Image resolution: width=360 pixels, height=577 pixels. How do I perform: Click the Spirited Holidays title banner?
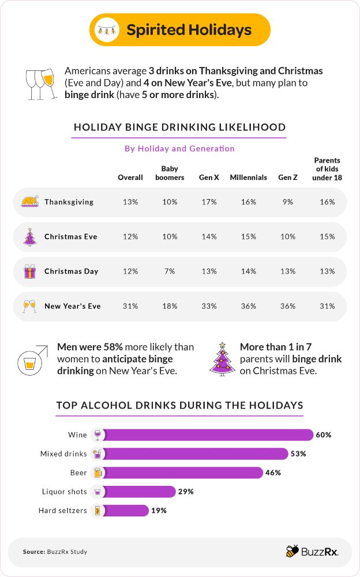pyautogui.click(x=180, y=30)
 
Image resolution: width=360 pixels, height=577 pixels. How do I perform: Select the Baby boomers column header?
pyautogui.click(x=170, y=174)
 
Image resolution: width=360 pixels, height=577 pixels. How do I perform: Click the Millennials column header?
pyautogui.click(x=248, y=178)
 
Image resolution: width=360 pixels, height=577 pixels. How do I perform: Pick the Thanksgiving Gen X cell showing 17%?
pyautogui.click(x=209, y=202)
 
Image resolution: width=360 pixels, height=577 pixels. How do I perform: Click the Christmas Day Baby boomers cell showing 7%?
pyautogui.click(x=170, y=271)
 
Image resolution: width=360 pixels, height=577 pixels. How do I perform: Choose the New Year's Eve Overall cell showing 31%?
pyautogui.click(x=130, y=306)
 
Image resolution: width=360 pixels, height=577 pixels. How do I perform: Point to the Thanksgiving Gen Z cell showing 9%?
pyautogui.click(x=287, y=202)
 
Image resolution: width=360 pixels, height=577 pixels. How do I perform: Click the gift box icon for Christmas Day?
pyautogui.click(x=29, y=271)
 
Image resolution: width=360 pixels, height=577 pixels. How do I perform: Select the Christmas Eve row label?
pyautogui.click(x=70, y=237)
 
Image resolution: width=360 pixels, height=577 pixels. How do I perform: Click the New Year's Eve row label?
pyautogui.click(x=72, y=306)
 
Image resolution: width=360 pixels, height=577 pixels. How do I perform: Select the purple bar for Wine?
pyautogui.click(x=208, y=435)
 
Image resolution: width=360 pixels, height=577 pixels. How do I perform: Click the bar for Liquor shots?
pyautogui.click(x=140, y=492)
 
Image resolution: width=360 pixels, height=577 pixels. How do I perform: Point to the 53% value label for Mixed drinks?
pyautogui.click(x=298, y=454)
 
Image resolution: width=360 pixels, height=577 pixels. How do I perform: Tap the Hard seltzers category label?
pyautogui.click(x=62, y=511)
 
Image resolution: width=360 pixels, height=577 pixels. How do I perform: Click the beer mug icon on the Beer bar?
pyautogui.click(x=97, y=473)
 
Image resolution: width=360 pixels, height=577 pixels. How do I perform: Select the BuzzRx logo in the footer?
pyautogui.click(x=312, y=552)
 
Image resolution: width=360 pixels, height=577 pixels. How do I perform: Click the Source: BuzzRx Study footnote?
pyautogui.click(x=55, y=552)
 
